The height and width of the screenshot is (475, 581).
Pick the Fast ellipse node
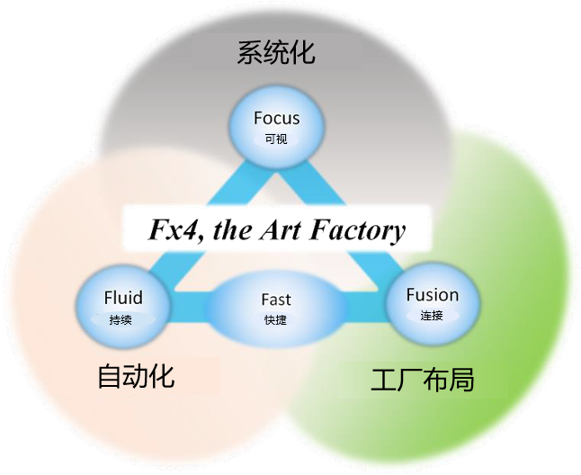pyautogui.click(x=276, y=308)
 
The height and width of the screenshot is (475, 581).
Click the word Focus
pyautogui.click(x=276, y=118)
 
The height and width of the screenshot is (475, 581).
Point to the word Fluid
pyautogui.click(x=122, y=298)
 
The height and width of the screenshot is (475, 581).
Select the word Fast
pyautogui.click(x=276, y=300)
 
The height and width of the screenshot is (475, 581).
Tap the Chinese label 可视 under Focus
pyautogui.click(x=275, y=140)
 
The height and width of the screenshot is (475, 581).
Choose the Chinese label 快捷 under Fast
pyautogui.click(x=276, y=320)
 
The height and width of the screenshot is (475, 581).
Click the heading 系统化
pyautogui.click(x=276, y=52)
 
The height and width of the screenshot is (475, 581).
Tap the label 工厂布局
pyautogui.click(x=422, y=381)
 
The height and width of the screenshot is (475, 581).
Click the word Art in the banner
pyautogui.click(x=280, y=231)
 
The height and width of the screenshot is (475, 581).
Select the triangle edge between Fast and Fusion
pyautogui.click(x=362, y=309)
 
